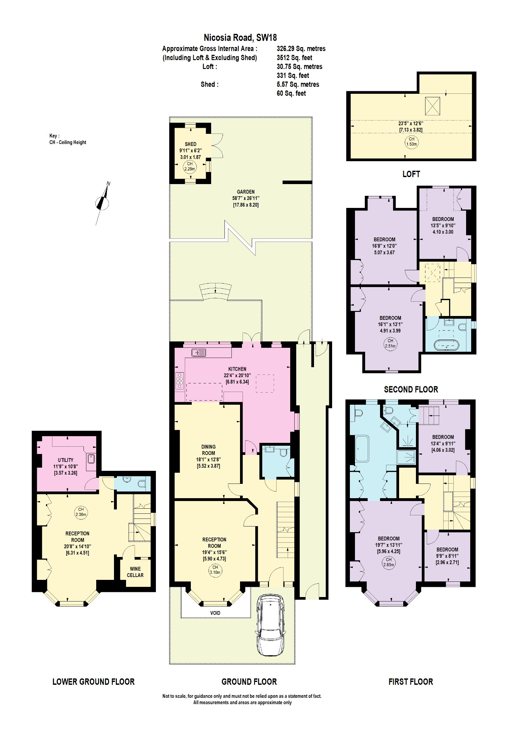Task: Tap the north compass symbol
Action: tap(102, 203)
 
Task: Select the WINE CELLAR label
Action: tap(135, 572)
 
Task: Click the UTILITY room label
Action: tap(65, 460)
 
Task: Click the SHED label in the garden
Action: tap(191, 144)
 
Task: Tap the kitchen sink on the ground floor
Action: tap(199, 353)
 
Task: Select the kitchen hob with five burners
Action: tap(179, 381)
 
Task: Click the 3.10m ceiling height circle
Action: tap(215, 570)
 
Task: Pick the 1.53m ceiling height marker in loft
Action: tap(411, 141)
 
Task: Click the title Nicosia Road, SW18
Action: tap(240, 38)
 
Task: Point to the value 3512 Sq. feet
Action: tap(294, 58)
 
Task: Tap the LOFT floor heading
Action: tap(411, 174)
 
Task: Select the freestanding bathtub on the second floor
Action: tap(446, 345)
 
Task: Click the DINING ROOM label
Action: tap(208, 450)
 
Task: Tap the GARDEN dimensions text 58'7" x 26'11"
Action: tap(245, 198)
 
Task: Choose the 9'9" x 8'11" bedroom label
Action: tap(447, 556)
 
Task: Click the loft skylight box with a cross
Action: tap(432, 106)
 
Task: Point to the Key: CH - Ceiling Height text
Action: tap(68, 139)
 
